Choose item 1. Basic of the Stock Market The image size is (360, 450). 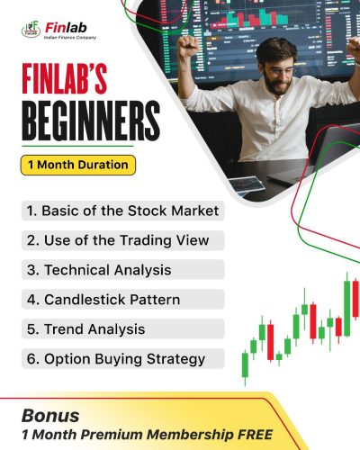tap(121, 211)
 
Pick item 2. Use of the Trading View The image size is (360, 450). tap(117, 239)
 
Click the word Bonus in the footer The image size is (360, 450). tap(51, 416)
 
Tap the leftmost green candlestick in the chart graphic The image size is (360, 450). tap(245, 364)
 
